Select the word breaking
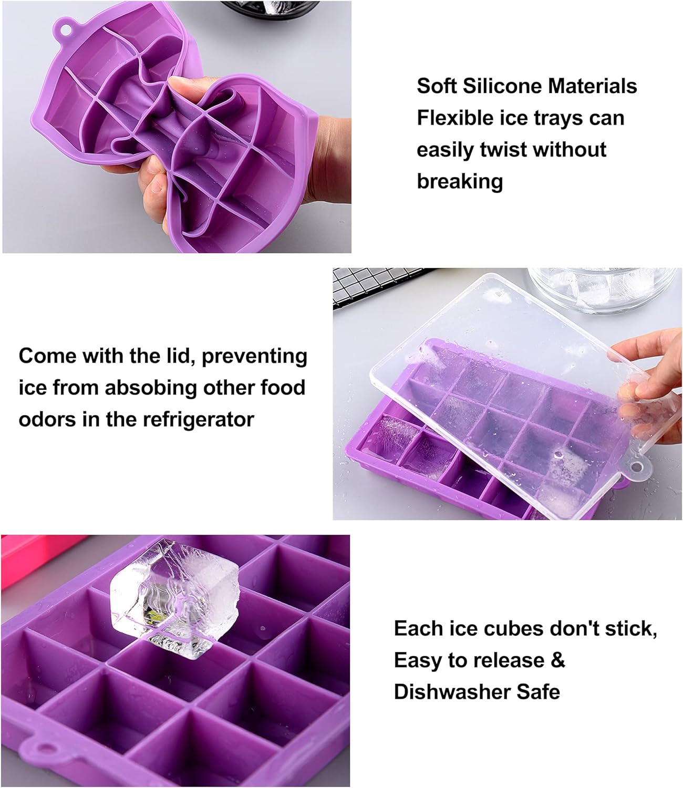pos(460,181)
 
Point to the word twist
pos(502,149)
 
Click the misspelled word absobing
pos(151,388)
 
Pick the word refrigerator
pos(198,420)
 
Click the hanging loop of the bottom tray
pos(45,749)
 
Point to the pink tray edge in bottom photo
pos(34,552)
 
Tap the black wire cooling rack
pos(378,284)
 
